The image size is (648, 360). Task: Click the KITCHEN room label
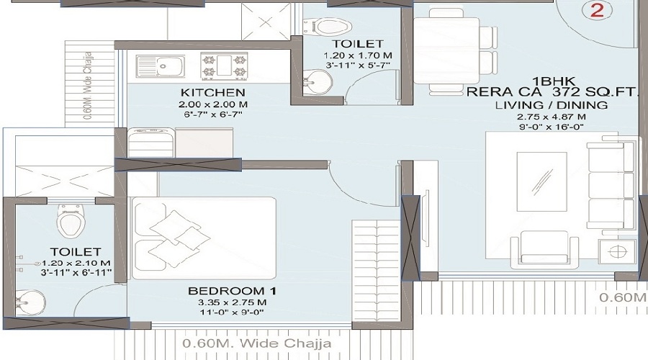(212, 93)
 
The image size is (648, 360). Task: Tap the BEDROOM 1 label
(233, 291)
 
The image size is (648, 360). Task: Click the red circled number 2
(595, 10)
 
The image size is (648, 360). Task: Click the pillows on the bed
(174, 235)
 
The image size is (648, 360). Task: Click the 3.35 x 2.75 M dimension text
(233, 303)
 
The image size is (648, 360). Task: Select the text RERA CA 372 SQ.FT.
(552, 92)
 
